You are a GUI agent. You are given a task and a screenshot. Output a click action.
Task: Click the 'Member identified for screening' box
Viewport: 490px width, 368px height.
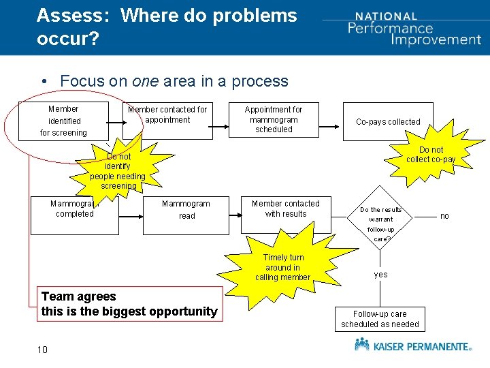[63, 121]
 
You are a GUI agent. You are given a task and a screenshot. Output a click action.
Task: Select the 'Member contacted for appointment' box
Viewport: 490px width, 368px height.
[168, 120]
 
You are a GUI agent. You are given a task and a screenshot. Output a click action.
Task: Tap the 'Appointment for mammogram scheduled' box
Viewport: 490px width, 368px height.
[274, 120]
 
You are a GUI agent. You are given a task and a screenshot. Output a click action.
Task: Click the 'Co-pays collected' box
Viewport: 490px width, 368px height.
[389, 122]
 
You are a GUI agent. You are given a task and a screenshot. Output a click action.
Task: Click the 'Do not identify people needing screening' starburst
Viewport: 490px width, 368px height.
[118, 170]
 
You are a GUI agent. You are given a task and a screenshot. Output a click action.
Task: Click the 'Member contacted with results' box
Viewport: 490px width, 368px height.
[285, 209]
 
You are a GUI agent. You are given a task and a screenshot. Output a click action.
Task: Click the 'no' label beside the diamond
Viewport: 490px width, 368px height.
[444, 216]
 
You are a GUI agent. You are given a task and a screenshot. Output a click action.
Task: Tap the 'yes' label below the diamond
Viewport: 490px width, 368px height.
[380, 275]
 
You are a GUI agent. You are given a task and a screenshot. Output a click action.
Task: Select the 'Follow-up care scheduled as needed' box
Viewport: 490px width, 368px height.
[380, 319]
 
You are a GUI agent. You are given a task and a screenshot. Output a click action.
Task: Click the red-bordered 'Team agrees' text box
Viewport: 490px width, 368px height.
[129, 304]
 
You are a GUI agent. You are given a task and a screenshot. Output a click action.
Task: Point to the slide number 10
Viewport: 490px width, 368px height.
[42, 350]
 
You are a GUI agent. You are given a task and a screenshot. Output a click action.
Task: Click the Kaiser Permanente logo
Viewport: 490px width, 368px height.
[412, 346]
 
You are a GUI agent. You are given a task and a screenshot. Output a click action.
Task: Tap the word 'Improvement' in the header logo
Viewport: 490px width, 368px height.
[436, 39]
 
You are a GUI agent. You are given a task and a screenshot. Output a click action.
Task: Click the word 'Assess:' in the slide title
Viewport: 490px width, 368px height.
[72, 15]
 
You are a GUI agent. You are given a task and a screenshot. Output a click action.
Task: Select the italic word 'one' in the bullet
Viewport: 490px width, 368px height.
[146, 81]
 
